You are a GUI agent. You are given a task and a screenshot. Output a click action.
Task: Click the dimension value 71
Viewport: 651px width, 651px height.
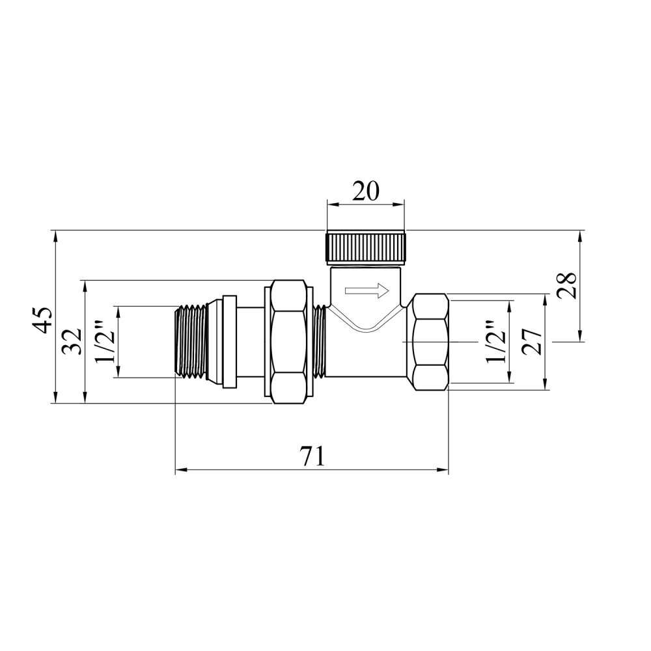point(312,457)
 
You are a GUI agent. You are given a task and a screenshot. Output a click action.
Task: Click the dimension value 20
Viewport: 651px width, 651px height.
point(366,191)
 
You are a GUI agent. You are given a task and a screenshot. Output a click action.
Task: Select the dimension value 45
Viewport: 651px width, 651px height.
point(42,320)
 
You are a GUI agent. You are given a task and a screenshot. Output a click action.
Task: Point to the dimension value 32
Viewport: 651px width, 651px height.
point(72,341)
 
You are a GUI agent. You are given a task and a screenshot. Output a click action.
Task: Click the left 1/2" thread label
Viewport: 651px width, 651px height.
point(104,341)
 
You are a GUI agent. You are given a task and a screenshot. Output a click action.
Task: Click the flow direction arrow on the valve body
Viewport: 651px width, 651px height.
point(367,290)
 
